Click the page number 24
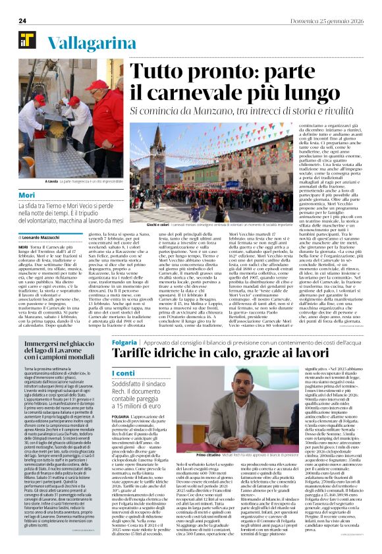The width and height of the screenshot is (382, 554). pyautogui.click(x=22, y=21)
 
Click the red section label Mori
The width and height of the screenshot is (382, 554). pyautogui.click(x=27, y=196)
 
